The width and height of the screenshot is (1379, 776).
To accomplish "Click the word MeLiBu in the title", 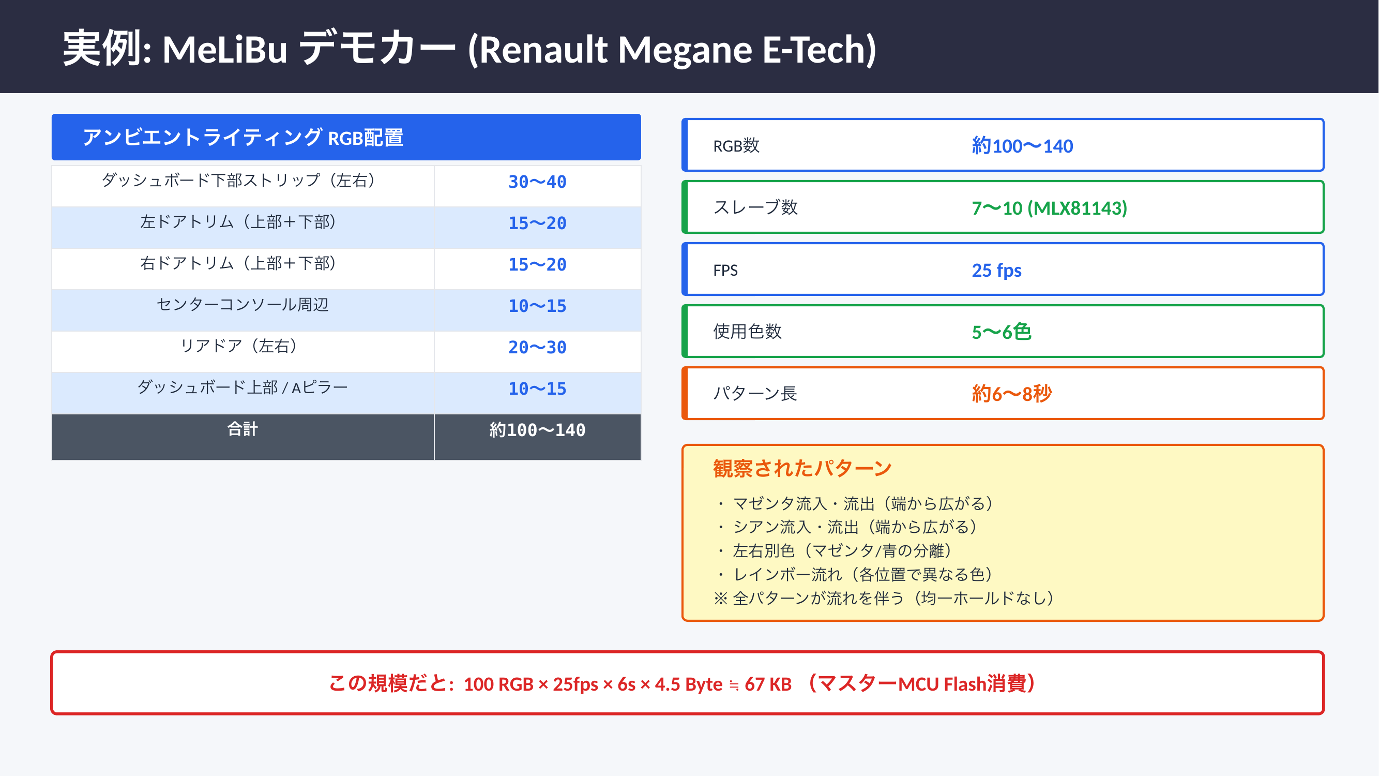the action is [225, 49].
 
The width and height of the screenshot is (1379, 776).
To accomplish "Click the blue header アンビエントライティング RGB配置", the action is [346, 137].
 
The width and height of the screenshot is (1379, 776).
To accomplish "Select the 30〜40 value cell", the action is [537, 182].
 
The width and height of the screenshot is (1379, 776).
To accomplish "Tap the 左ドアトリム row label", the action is [238, 222].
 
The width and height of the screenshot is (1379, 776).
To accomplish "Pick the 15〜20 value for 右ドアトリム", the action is [537, 264].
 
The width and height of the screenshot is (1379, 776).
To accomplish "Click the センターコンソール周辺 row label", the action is [243, 305].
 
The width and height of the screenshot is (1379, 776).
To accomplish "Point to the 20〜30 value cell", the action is [537, 348].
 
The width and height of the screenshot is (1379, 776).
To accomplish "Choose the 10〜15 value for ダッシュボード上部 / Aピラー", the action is [537, 389].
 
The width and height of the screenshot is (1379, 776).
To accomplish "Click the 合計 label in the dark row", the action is [243, 429].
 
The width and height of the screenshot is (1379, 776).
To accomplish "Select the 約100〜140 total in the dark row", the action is [537, 430].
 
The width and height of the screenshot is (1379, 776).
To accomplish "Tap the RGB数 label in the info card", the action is [736, 146].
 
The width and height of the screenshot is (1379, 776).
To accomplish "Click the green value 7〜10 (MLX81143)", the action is [1049, 208].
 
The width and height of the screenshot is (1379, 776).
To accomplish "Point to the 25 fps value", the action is [996, 270].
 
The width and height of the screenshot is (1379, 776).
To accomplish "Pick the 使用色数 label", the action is [747, 332].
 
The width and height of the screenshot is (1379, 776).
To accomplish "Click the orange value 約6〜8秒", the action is [1012, 394].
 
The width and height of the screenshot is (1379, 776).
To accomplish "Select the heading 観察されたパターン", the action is [802, 469].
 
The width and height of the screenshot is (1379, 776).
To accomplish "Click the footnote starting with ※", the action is [883, 598].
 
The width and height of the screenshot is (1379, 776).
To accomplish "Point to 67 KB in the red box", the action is [768, 684].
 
